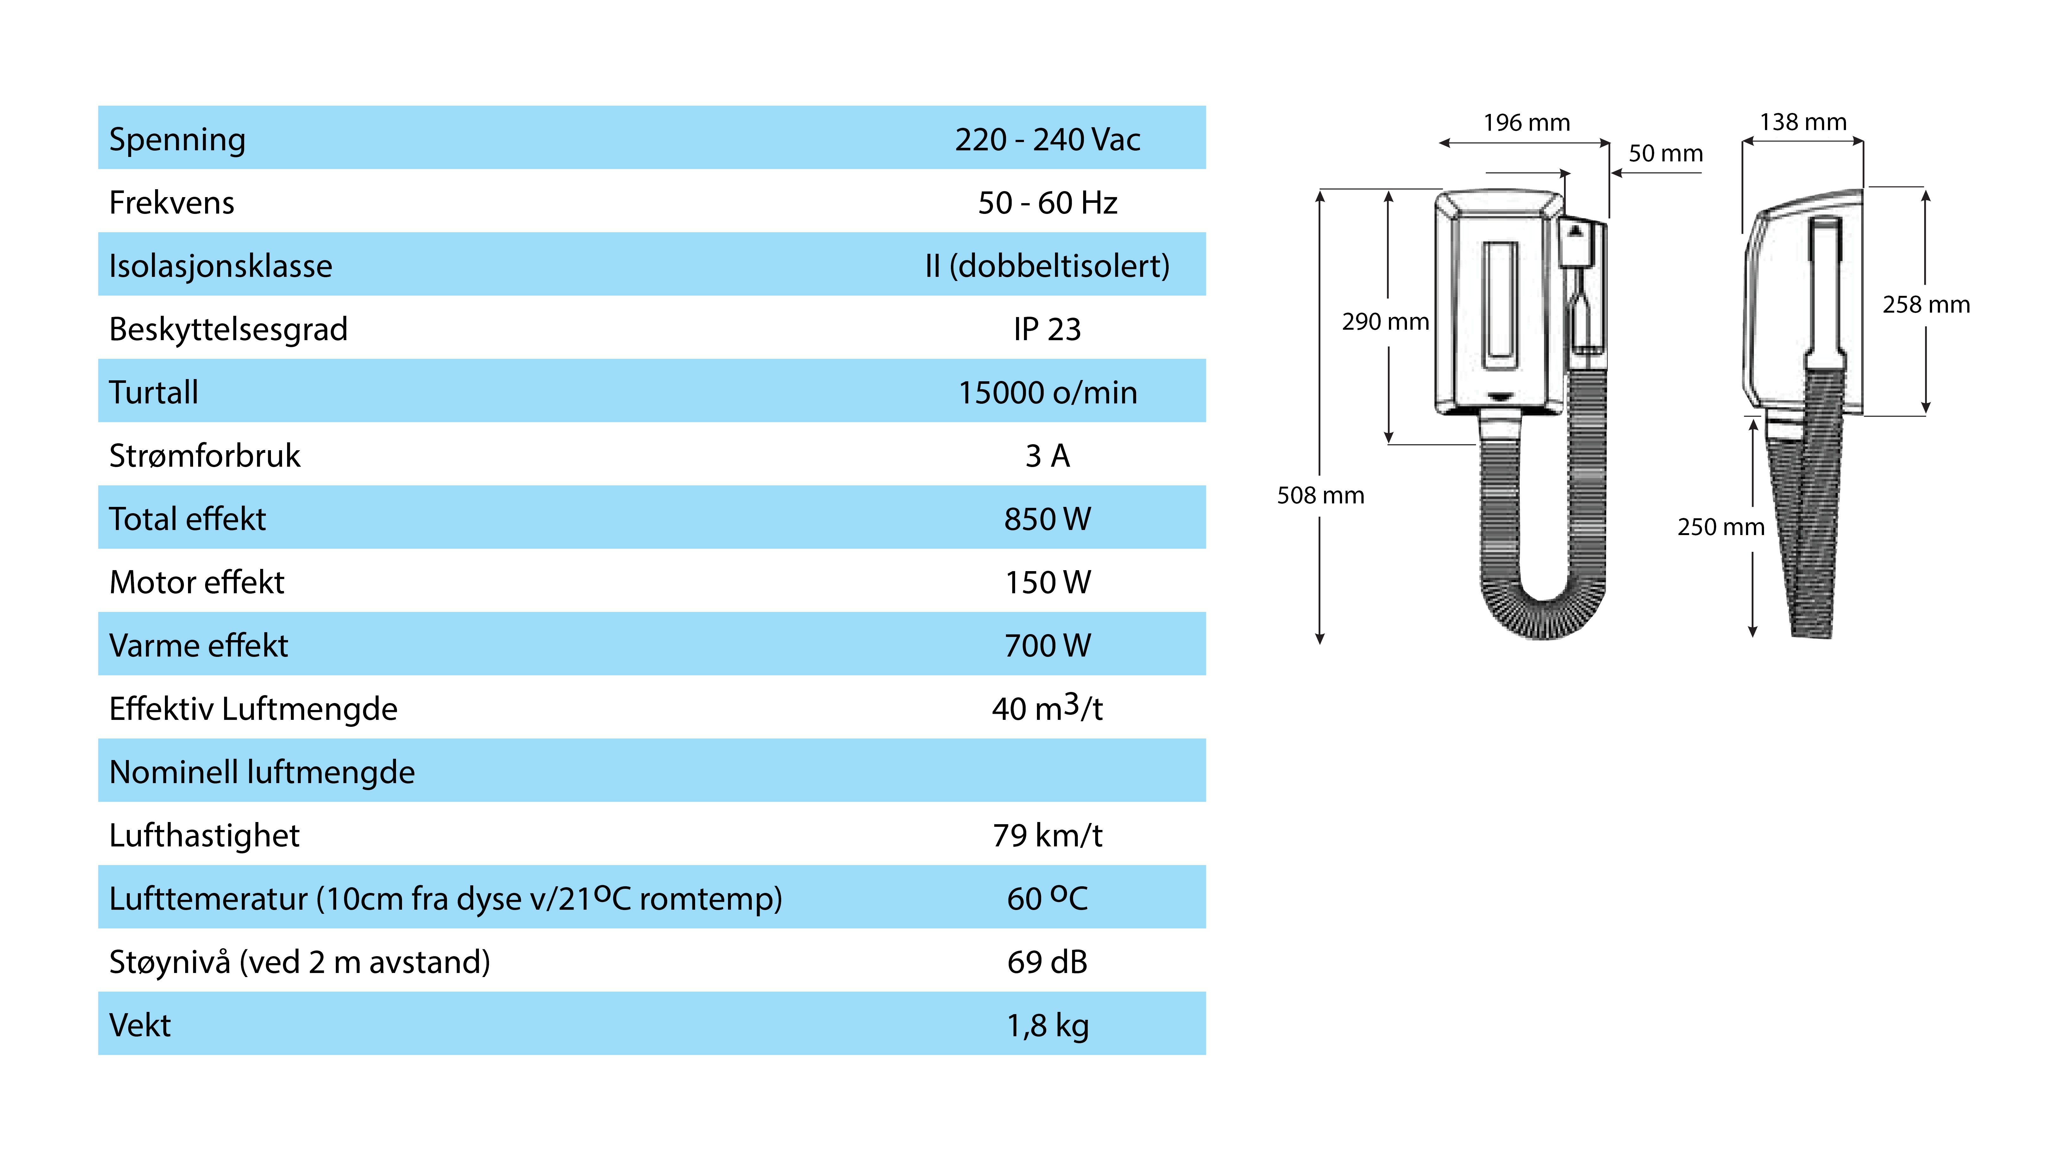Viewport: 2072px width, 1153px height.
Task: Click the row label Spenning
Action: (x=177, y=140)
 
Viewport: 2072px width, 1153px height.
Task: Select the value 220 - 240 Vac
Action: (x=1047, y=140)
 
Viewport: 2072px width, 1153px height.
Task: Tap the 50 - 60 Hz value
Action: (x=1047, y=203)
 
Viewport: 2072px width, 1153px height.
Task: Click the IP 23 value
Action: (x=1047, y=329)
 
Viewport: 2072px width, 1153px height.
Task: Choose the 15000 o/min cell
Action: (x=1047, y=392)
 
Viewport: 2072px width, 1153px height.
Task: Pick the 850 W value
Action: (x=1047, y=519)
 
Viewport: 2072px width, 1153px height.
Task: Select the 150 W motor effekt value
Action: (x=1047, y=582)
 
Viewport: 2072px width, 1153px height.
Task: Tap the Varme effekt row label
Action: (x=198, y=645)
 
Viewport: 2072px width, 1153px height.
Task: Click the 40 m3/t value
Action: (x=1047, y=707)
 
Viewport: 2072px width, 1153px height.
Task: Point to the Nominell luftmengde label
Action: (x=261, y=772)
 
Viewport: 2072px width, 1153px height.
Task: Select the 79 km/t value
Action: (x=1047, y=835)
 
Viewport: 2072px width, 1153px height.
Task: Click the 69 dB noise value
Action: (x=1047, y=962)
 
